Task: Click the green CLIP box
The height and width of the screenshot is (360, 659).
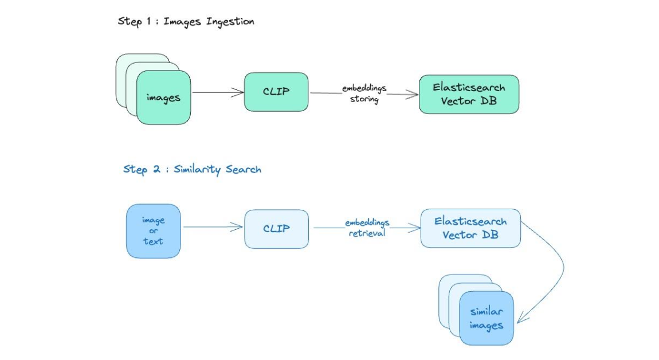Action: click(x=276, y=92)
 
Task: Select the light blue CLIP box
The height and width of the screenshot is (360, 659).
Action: click(x=277, y=229)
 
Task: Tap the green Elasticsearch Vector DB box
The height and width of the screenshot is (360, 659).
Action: click(x=469, y=94)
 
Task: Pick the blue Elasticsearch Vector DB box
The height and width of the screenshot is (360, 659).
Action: click(x=470, y=228)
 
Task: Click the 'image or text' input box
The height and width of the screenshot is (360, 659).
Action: click(x=154, y=231)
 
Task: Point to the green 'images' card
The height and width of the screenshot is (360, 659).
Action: click(x=163, y=97)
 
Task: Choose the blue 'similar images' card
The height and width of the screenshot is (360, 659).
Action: click(x=487, y=318)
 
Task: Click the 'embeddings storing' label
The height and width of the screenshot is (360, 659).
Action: click(x=364, y=93)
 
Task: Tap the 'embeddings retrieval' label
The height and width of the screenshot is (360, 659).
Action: click(x=367, y=228)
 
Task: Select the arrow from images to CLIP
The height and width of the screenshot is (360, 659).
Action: click(x=218, y=92)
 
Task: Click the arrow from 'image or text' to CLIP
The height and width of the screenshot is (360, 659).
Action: click(x=213, y=227)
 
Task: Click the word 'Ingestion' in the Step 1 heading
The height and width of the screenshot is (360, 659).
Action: click(x=230, y=22)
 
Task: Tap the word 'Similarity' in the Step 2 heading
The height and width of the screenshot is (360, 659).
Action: click(x=197, y=170)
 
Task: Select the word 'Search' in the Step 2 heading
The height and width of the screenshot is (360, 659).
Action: click(x=244, y=169)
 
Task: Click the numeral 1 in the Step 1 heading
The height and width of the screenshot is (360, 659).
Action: click(x=148, y=21)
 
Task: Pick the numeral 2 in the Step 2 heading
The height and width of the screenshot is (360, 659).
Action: click(x=156, y=169)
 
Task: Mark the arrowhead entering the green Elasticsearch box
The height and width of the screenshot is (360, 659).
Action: click(x=412, y=94)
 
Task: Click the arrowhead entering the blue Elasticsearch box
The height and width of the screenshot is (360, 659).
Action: click(x=414, y=228)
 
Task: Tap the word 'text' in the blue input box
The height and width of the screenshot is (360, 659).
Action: click(x=152, y=241)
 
